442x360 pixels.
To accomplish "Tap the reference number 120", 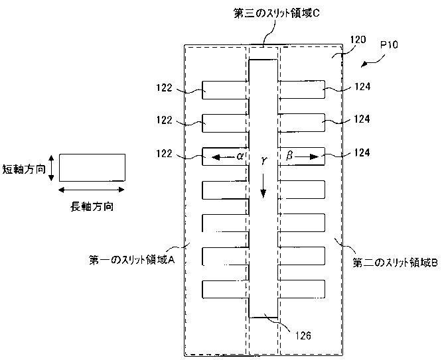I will click(357, 40).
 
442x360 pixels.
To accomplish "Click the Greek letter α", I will click(241, 156).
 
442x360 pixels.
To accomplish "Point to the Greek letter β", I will click(289, 156).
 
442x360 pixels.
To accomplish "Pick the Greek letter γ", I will click(264, 162).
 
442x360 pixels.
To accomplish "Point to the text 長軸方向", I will click(92, 206).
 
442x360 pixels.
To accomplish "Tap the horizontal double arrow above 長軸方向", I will click(92, 190).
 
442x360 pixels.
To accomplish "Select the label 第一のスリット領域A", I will click(131, 261).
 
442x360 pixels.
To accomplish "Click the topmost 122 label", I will click(165, 88).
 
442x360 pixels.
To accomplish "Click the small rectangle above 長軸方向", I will click(92, 168).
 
